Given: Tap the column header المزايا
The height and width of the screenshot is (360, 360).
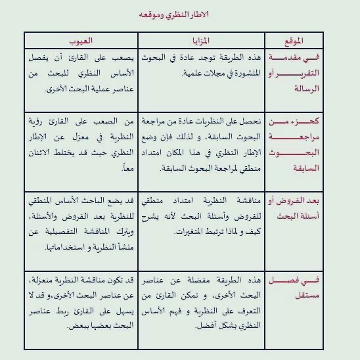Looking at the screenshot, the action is point(200,41).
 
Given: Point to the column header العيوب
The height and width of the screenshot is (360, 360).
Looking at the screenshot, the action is point(81,41).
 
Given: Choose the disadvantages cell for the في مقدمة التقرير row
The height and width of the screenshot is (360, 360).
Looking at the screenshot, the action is point(81,72).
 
